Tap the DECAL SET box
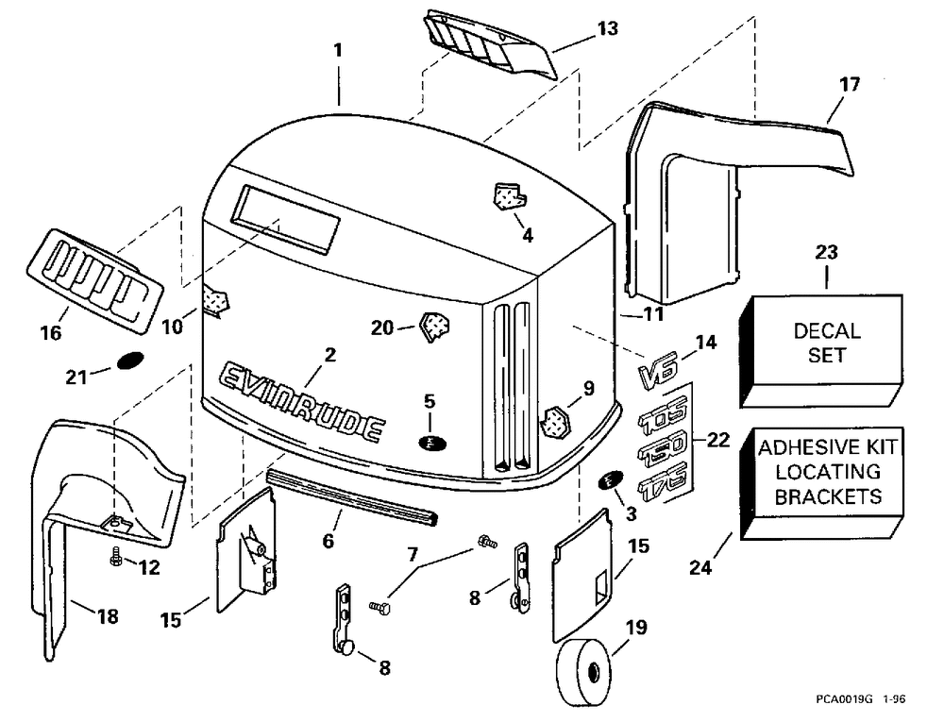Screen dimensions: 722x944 tap(826, 344)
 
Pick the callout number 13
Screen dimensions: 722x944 tap(608, 29)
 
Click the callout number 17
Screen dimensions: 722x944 tap(849, 85)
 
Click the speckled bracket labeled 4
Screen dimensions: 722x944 tap(508, 196)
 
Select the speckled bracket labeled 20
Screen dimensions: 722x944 tap(436, 327)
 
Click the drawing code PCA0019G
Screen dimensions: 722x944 tap(845, 701)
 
